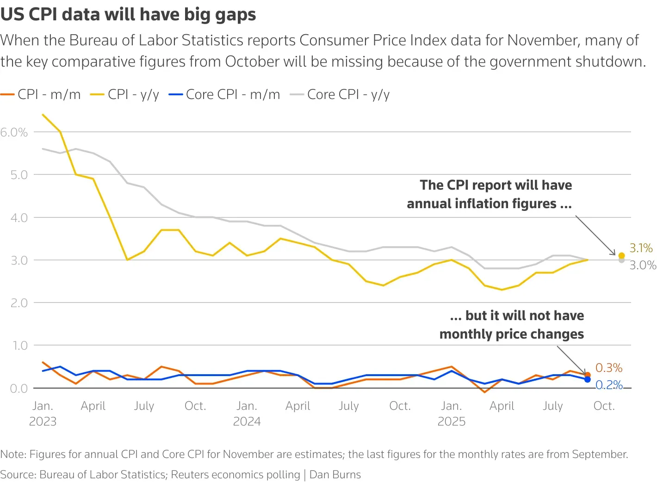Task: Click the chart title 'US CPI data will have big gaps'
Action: (x=128, y=14)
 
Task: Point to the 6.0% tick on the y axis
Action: (x=14, y=132)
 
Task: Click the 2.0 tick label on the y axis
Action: (x=19, y=303)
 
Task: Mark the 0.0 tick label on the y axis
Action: (x=19, y=388)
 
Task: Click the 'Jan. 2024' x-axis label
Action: (x=247, y=414)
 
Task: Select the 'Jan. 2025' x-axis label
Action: (x=451, y=414)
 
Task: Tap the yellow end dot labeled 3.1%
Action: (x=621, y=255)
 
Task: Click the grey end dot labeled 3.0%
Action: (x=621, y=260)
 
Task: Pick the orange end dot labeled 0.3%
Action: (x=588, y=375)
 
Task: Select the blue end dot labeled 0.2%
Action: (x=588, y=379)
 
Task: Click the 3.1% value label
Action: (x=641, y=248)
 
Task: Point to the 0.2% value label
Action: (x=609, y=385)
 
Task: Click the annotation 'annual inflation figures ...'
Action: (x=489, y=204)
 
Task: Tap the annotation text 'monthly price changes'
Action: (x=511, y=334)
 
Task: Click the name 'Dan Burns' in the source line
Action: (x=335, y=475)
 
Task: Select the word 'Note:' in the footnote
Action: (x=13, y=454)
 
